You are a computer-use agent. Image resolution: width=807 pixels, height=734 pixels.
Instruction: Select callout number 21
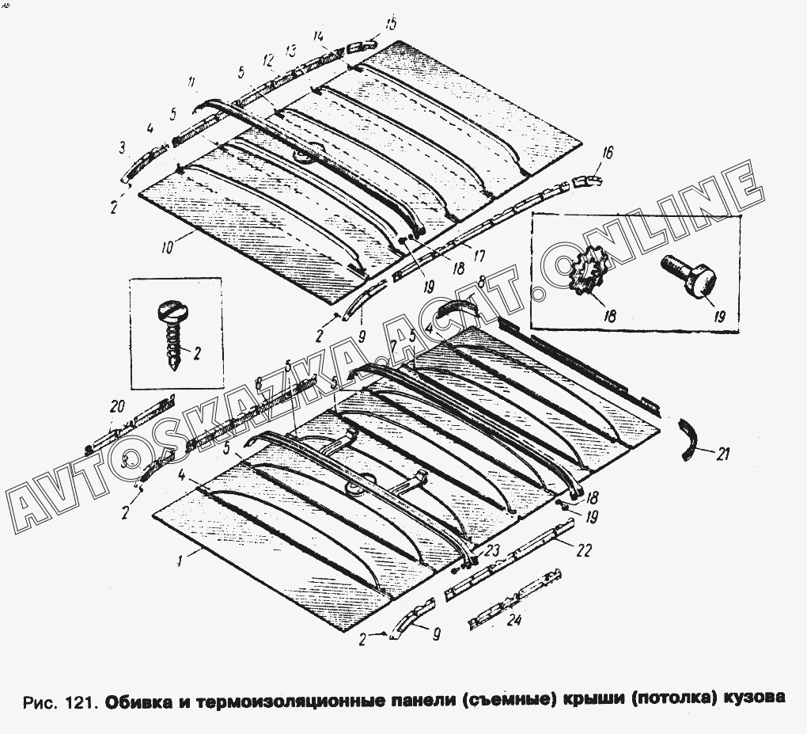coord(723,454)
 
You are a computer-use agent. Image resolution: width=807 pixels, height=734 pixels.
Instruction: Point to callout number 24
coord(513,622)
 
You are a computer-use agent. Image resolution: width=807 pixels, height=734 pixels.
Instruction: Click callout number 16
coord(608,153)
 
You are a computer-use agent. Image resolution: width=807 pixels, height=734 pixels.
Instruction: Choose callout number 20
coord(117,406)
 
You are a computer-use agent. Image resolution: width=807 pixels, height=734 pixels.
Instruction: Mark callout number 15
coord(391,24)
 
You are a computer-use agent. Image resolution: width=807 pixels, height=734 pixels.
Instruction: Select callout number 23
coord(494,548)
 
